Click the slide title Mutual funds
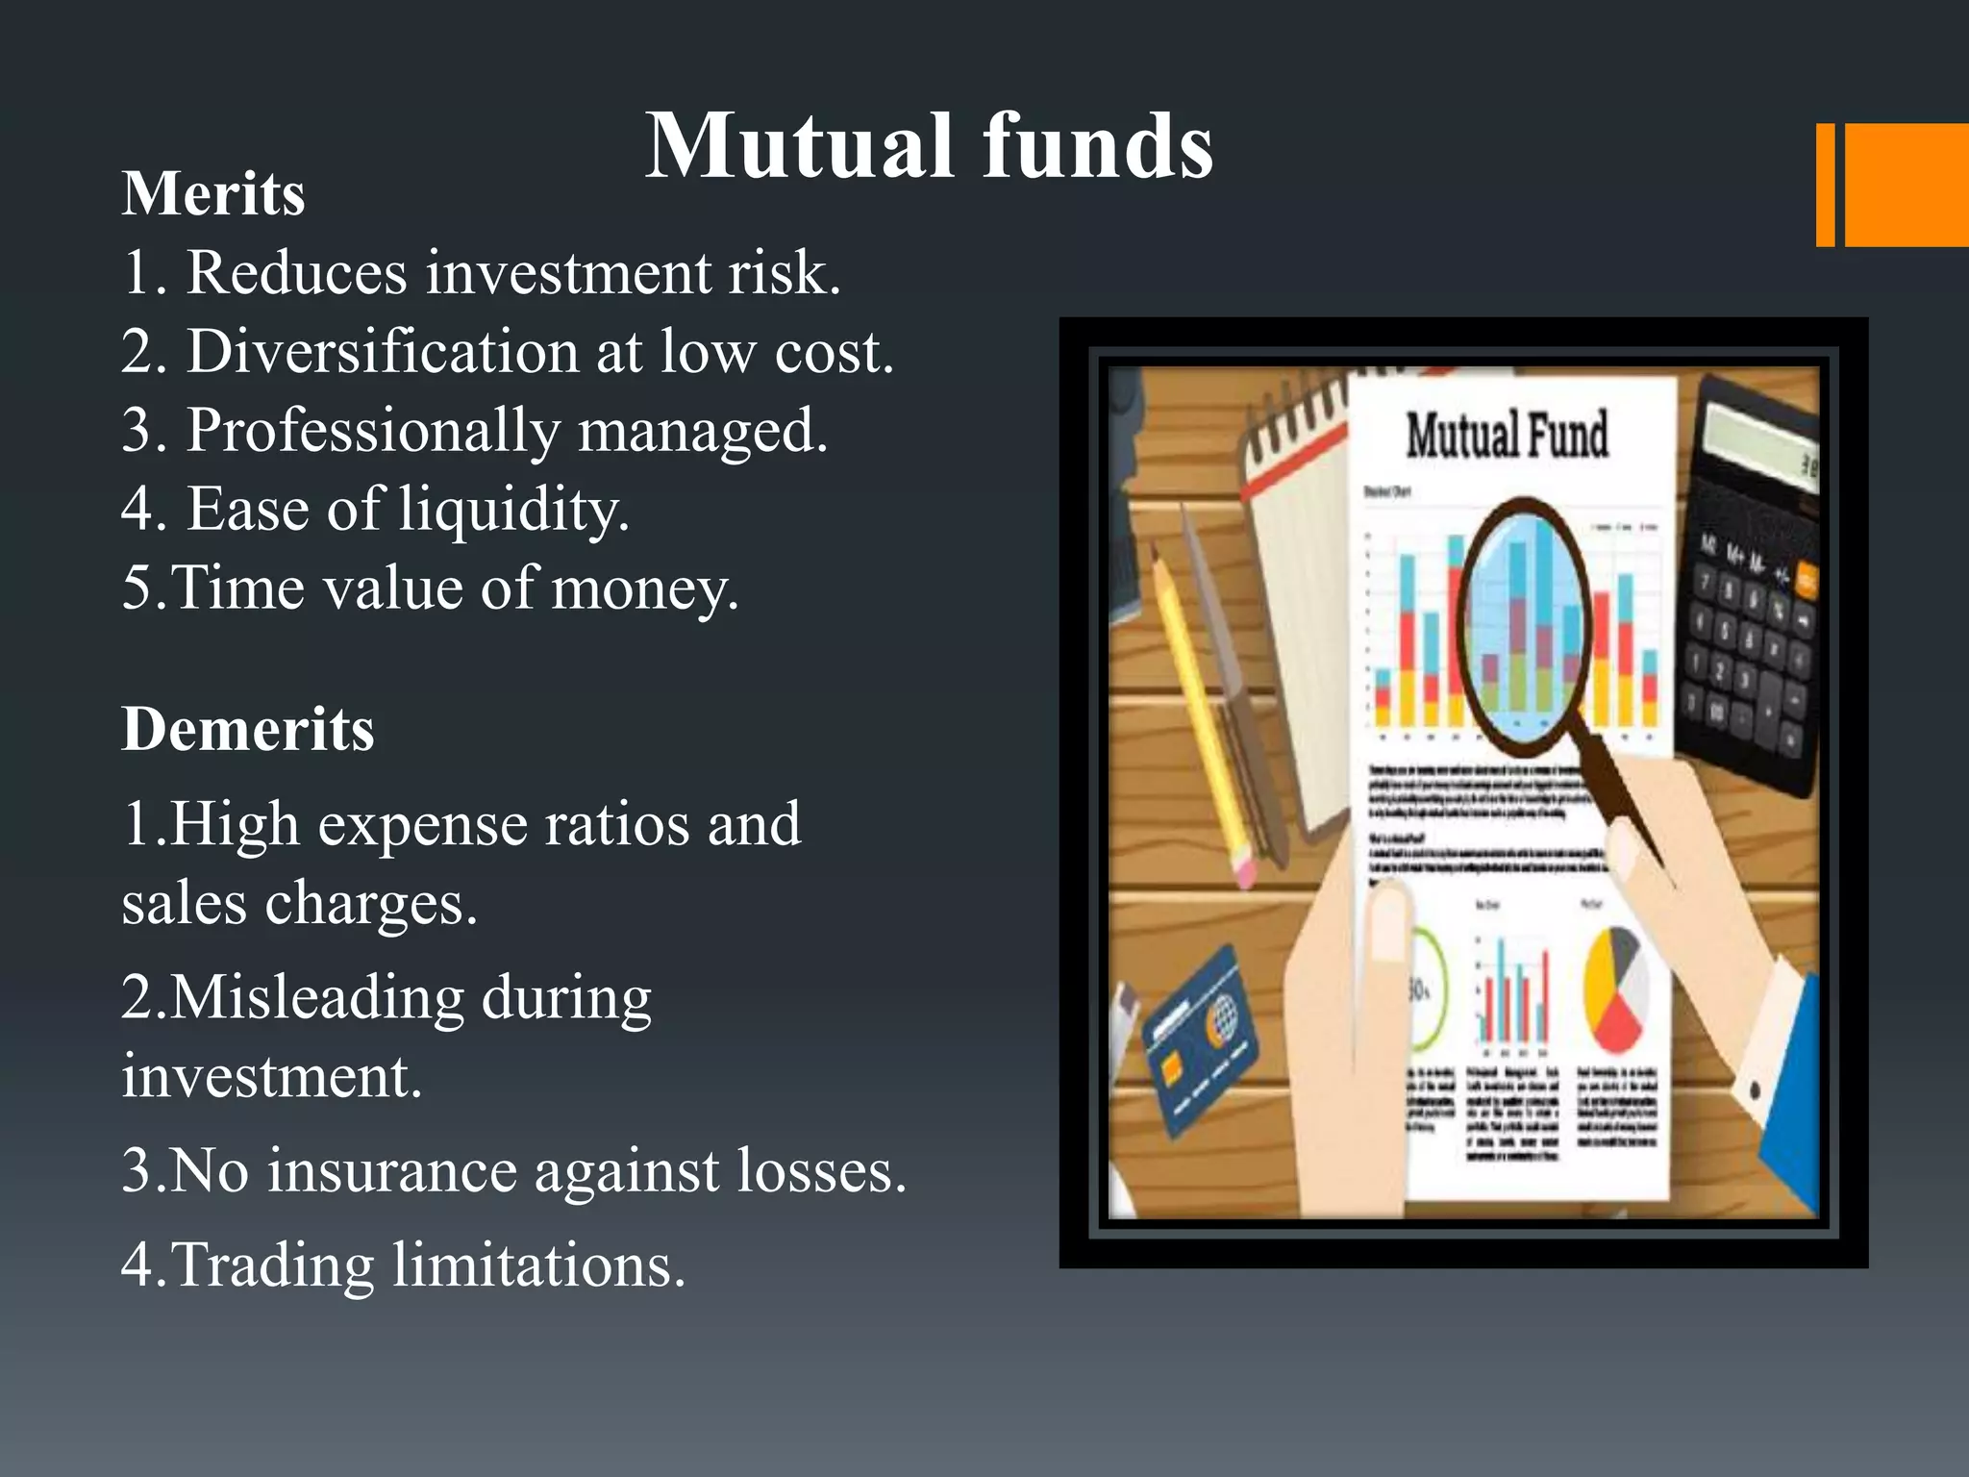929,146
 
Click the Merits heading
213,194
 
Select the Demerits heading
248,729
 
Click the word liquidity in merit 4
513,509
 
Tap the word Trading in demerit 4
272,1264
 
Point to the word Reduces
296,273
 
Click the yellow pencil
1202,712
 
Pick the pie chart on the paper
1616,990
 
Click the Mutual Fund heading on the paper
1507,435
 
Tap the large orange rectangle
1907,185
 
